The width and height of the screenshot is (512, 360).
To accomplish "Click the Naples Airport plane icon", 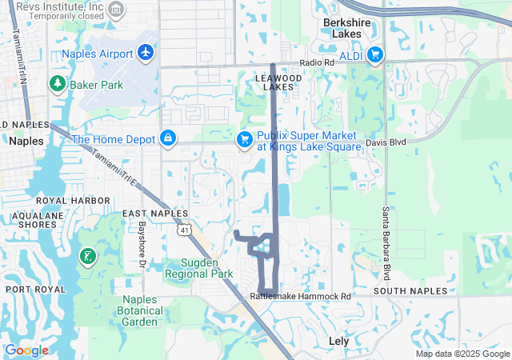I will pyautogui.click(x=145, y=52).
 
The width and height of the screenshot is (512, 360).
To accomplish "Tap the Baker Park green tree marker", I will pyautogui.click(x=58, y=83).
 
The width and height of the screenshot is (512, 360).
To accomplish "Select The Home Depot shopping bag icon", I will pyautogui.click(x=168, y=138).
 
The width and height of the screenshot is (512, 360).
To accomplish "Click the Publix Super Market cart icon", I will pyautogui.click(x=245, y=140).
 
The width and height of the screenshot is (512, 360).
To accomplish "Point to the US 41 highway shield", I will pyautogui.click(x=185, y=230).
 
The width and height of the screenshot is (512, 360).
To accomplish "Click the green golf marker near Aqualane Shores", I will pyautogui.click(x=87, y=257).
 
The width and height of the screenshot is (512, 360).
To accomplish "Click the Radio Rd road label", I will pyautogui.click(x=317, y=63).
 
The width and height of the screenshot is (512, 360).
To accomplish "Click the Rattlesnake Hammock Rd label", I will pyautogui.click(x=300, y=296).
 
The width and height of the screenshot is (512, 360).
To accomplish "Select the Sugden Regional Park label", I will pyautogui.click(x=198, y=268).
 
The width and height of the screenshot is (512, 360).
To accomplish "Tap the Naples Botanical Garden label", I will pyautogui.click(x=140, y=310).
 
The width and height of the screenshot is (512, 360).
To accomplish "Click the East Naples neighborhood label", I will pyautogui.click(x=155, y=214).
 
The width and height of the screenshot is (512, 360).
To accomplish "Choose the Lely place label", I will pyautogui.click(x=339, y=341).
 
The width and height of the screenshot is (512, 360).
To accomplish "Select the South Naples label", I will pyautogui.click(x=403, y=291).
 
